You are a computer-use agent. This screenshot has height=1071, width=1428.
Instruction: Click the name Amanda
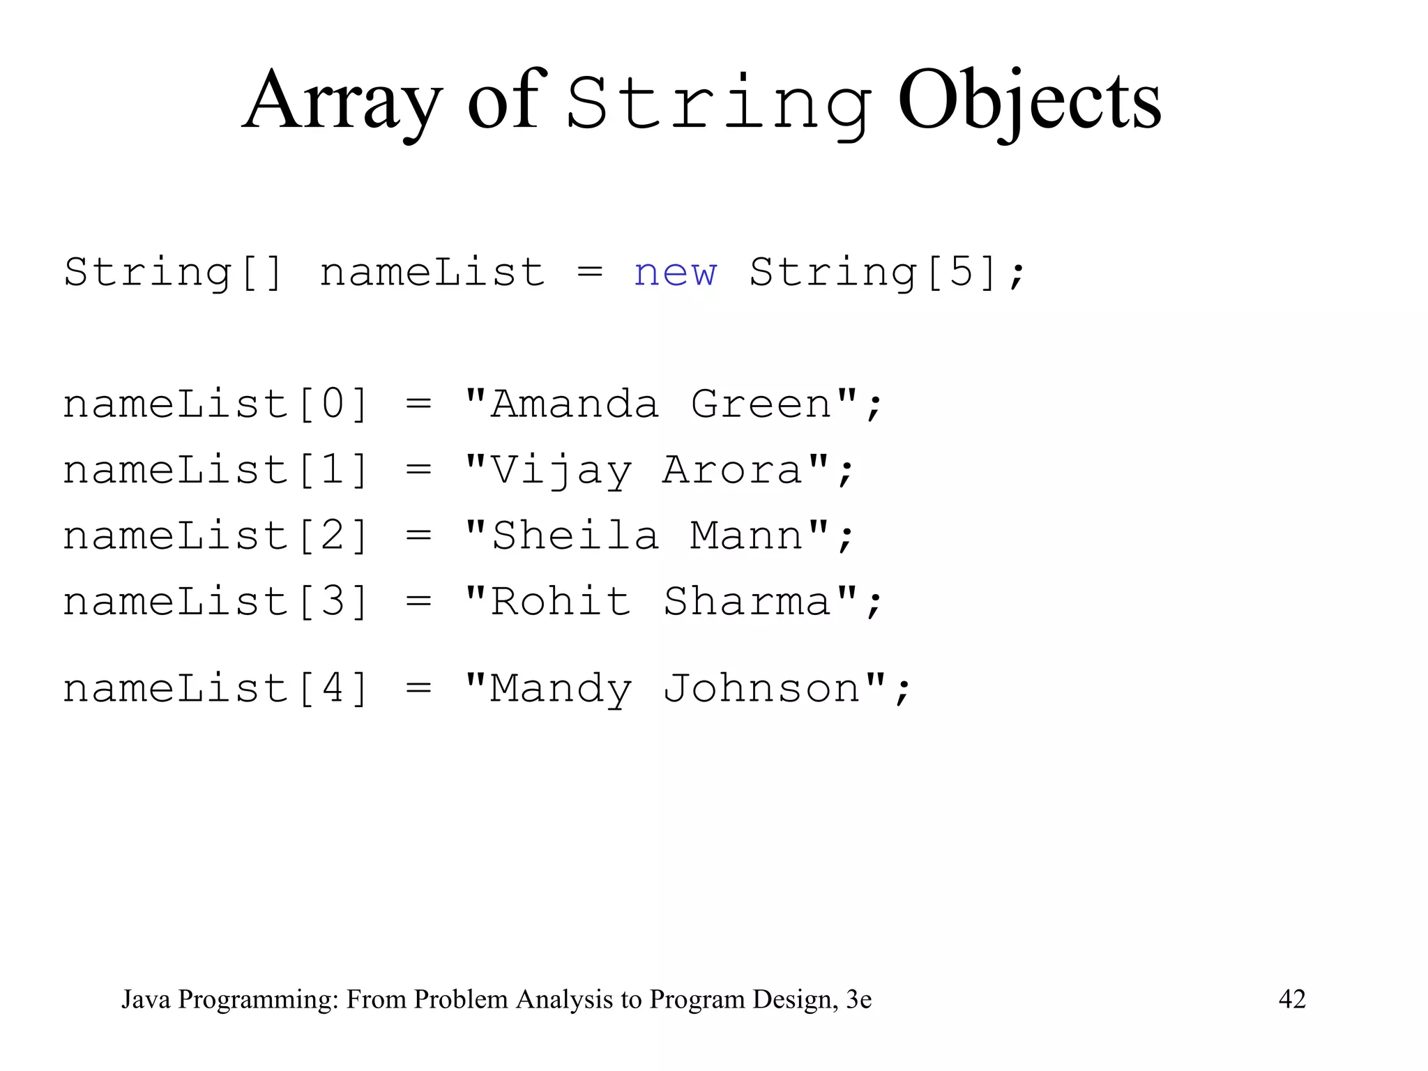(x=575, y=404)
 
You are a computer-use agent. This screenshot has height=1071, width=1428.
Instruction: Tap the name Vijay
(x=561, y=471)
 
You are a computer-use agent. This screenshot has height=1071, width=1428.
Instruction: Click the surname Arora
(x=733, y=471)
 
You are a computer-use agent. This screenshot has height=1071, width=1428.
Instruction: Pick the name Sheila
(x=575, y=536)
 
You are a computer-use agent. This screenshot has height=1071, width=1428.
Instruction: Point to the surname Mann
(x=747, y=536)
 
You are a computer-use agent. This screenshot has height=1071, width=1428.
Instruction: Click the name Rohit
(x=561, y=602)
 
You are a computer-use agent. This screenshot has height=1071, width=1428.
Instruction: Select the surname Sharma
(x=747, y=602)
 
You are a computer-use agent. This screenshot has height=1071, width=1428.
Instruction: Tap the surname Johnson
(x=762, y=689)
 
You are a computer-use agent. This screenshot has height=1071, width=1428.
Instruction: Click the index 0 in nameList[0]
(x=333, y=404)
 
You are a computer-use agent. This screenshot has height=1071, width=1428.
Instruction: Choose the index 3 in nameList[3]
(x=333, y=602)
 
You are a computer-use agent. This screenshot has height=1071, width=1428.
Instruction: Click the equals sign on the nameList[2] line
(x=418, y=536)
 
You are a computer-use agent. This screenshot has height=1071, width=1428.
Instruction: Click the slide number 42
(x=1292, y=999)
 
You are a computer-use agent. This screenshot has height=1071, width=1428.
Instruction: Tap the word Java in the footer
(x=146, y=999)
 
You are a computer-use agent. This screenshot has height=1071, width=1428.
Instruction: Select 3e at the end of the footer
(x=858, y=999)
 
